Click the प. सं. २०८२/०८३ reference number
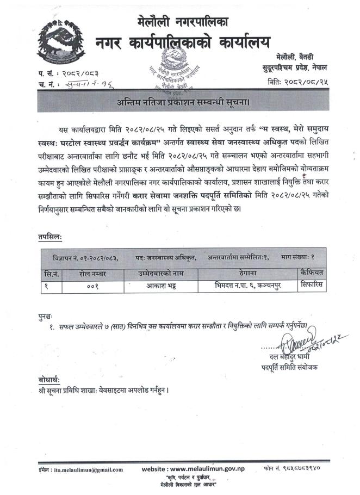click(70, 72)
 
